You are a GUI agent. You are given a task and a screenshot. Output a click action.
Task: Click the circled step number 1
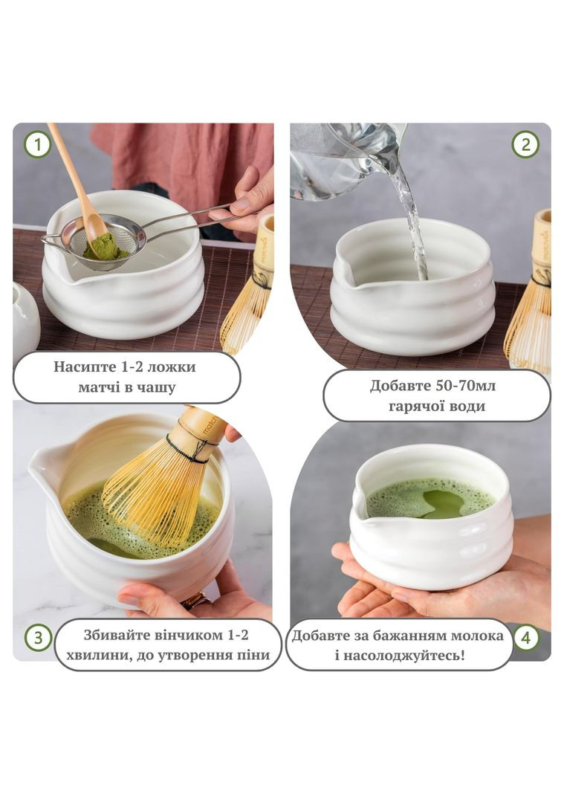(x=38, y=145)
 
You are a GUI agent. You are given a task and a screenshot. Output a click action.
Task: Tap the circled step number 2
(x=525, y=145)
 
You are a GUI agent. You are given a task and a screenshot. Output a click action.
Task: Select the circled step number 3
(x=39, y=639)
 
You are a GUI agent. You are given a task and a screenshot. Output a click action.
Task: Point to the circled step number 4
(x=525, y=639)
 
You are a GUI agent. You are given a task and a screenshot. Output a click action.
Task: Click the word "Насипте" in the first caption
(x=87, y=366)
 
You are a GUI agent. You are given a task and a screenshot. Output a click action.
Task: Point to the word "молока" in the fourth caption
(x=477, y=636)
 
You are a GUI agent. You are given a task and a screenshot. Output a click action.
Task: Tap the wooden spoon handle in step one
(x=70, y=170)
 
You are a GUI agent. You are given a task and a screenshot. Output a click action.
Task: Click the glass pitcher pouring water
(x=346, y=161)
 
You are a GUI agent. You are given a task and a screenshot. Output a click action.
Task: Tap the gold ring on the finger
(x=195, y=600)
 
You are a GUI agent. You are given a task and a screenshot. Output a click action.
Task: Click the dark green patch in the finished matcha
(x=442, y=504)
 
